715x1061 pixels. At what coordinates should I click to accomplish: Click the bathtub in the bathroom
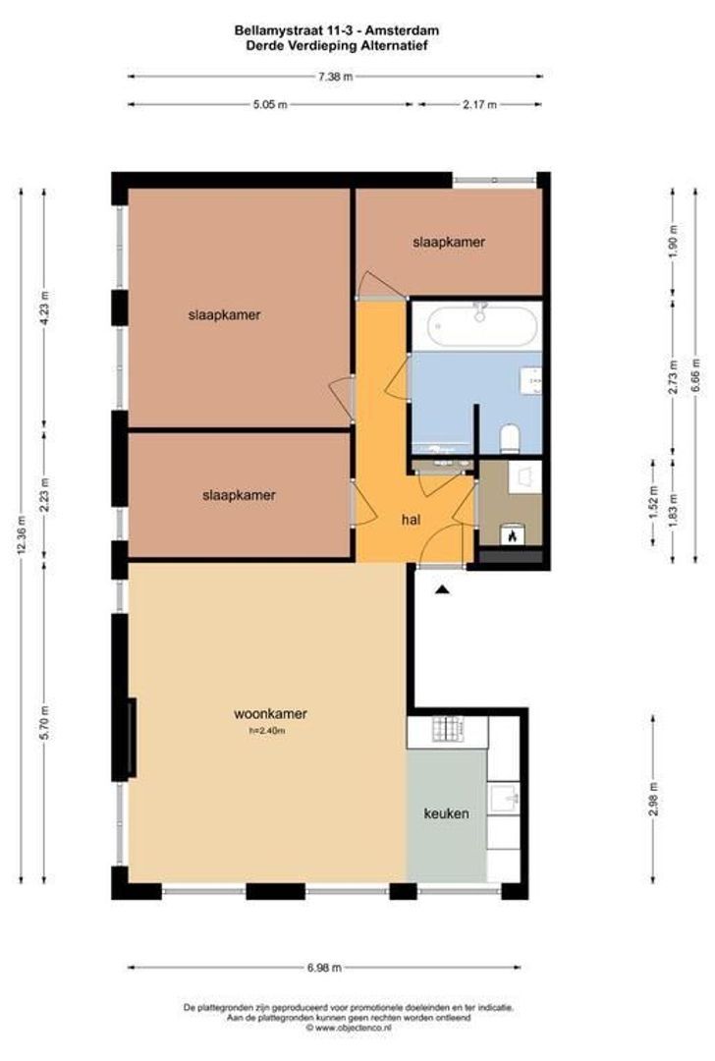click(x=475, y=324)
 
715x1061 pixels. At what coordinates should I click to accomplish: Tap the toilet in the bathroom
click(x=509, y=436)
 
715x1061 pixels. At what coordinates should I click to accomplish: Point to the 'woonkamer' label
click(x=263, y=713)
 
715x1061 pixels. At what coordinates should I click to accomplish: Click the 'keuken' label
click(x=446, y=813)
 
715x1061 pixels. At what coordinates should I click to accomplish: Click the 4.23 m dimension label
click(x=44, y=307)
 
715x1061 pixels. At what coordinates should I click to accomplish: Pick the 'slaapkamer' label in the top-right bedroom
click(x=449, y=241)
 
